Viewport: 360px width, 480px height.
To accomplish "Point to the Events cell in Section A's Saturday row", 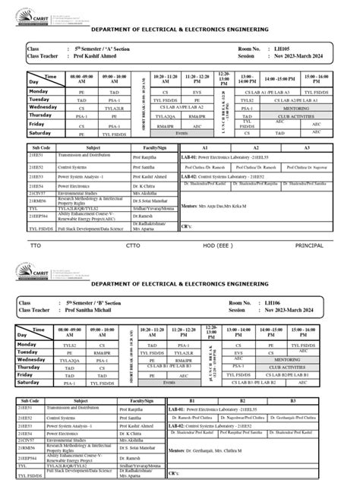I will point(182,132).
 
